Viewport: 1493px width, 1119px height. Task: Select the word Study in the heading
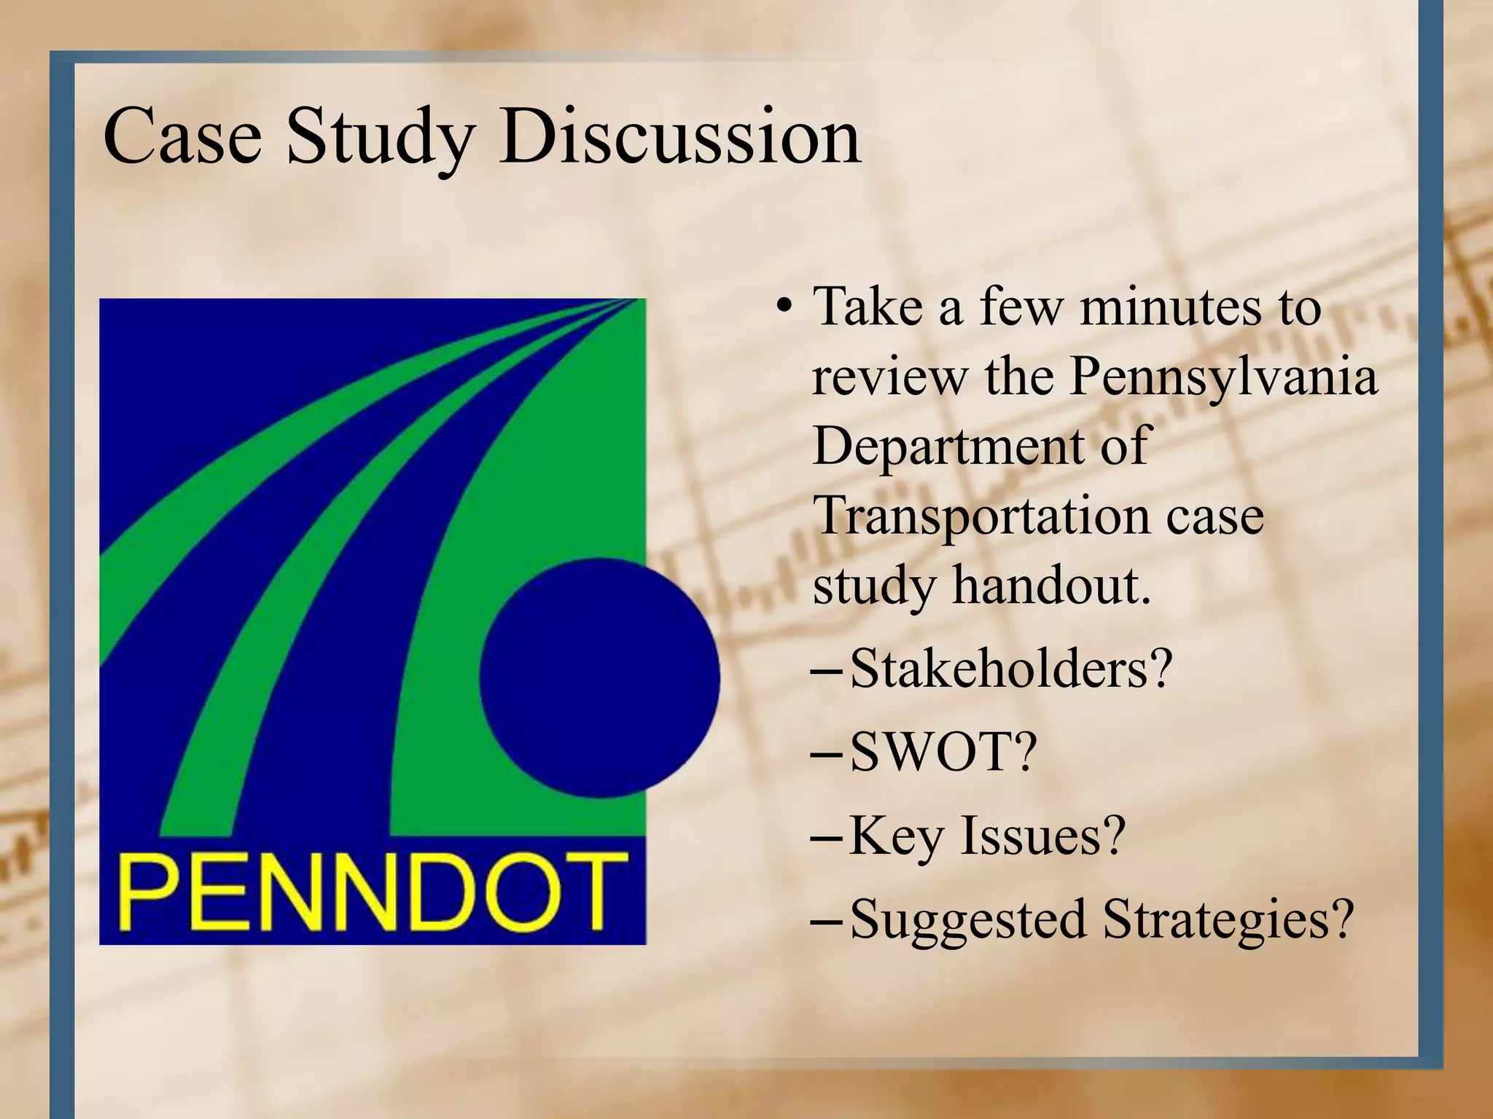pyautogui.click(x=380, y=138)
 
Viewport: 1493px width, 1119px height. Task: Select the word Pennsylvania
pyautogui.click(x=1224, y=379)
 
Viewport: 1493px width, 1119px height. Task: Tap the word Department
pyautogui.click(x=947, y=446)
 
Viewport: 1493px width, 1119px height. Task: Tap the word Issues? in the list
pyautogui.click(x=1043, y=835)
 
